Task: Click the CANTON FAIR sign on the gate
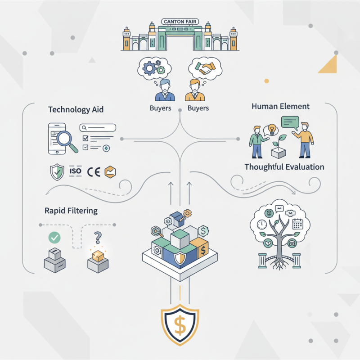180,22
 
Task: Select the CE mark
93,171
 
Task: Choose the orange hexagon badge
110,171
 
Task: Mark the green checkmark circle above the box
54,237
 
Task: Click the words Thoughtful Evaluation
284,167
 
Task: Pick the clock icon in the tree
261,224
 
